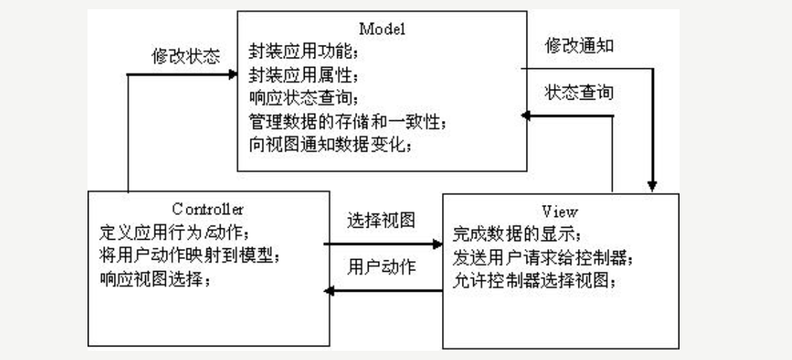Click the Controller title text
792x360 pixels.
tap(208, 209)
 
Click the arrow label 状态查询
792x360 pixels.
tap(579, 92)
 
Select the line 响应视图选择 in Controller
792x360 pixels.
tap(156, 279)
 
